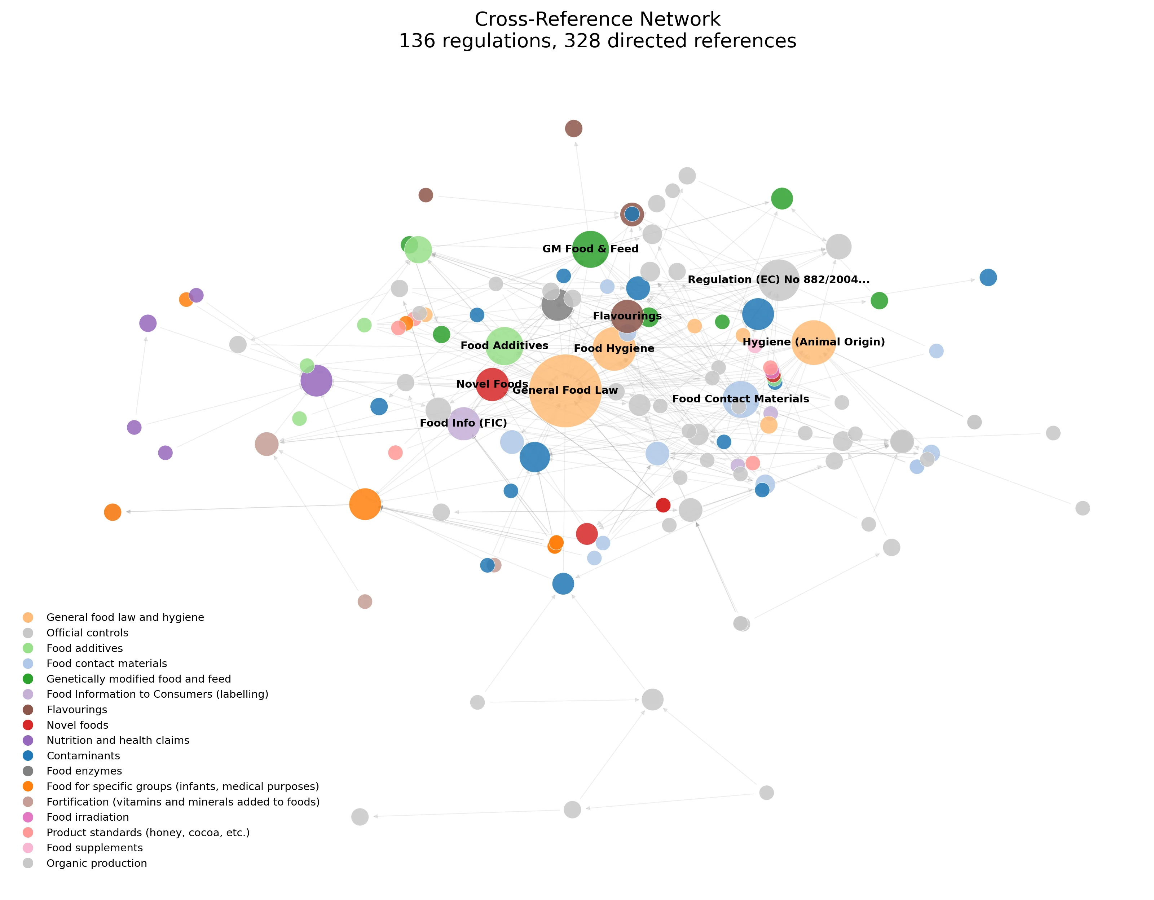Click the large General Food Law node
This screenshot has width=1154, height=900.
click(x=565, y=391)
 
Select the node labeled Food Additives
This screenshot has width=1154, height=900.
click(x=504, y=346)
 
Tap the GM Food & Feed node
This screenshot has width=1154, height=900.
click(x=590, y=249)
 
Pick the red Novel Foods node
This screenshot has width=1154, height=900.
click(x=492, y=384)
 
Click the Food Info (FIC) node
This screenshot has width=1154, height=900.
click(x=463, y=423)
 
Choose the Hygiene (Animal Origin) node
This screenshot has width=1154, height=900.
click(x=813, y=342)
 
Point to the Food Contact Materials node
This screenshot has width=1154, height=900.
click(x=740, y=399)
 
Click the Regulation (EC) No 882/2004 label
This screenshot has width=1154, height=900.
click(x=778, y=280)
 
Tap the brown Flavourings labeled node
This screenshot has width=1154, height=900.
click(x=627, y=316)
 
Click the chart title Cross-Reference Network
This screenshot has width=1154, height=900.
click(x=597, y=19)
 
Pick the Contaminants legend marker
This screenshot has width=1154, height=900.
click(x=28, y=756)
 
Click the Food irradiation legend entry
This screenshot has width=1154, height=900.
click(x=87, y=817)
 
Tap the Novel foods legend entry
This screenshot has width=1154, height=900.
click(x=77, y=725)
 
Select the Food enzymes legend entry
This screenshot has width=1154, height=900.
click(x=84, y=771)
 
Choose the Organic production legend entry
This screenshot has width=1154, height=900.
click(x=97, y=863)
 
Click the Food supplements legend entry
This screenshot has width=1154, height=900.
click(x=94, y=848)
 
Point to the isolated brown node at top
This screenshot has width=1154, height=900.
click(x=573, y=128)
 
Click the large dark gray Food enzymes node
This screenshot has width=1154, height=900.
click(x=557, y=305)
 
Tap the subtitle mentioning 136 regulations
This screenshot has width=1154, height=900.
click(x=597, y=41)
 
